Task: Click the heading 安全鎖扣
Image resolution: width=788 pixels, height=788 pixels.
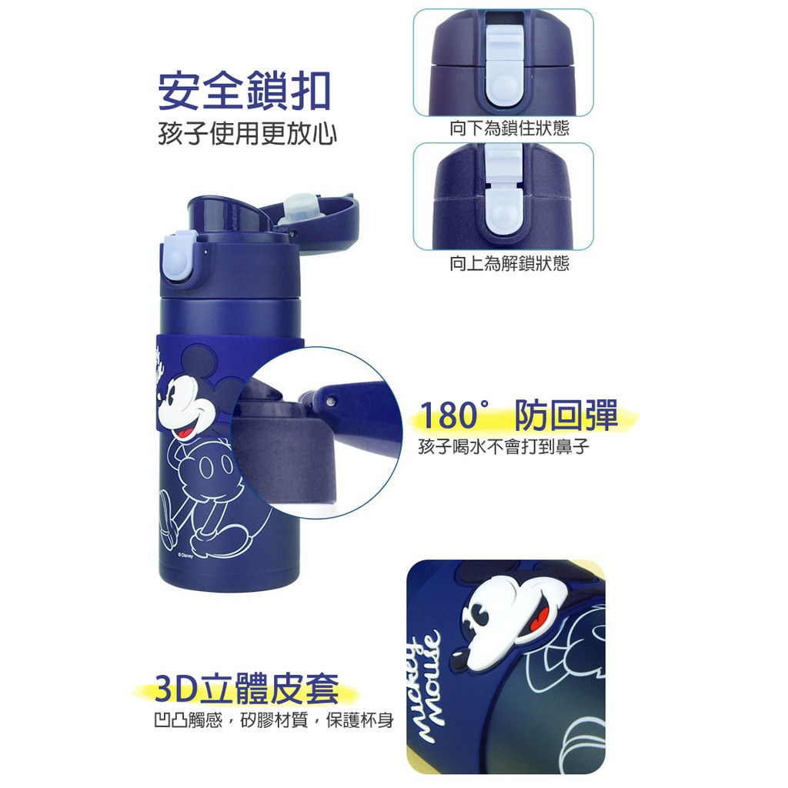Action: (244, 92)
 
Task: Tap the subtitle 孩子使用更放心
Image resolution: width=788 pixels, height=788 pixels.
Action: (247, 134)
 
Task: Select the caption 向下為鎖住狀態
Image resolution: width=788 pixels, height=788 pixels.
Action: (509, 129)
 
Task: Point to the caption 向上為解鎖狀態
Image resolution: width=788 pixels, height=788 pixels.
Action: (509, 263)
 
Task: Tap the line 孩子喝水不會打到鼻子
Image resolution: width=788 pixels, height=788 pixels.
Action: (503, 446)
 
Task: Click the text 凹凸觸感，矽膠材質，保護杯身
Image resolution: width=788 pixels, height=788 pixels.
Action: (274, 721)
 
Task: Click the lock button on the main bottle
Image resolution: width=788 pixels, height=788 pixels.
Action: (179, 256)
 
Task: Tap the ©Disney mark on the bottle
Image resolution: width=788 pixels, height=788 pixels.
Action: (185, 556)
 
